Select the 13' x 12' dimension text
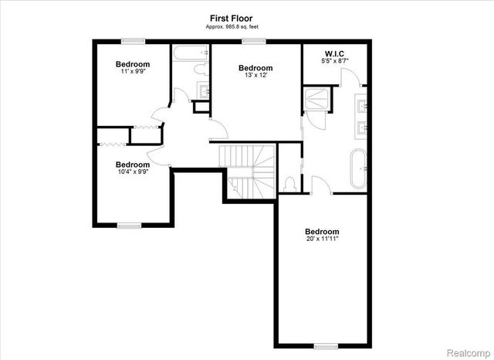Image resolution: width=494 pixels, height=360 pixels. click(255, 76)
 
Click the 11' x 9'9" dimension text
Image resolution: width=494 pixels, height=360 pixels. click(133, 72)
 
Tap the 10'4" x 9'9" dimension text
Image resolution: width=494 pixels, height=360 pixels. click(132, 172)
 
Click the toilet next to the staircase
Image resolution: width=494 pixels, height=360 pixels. click(289, 184)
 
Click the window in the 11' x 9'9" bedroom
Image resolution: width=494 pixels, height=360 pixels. click(134, 40)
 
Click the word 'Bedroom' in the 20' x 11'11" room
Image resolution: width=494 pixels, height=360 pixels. click(321, 232)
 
